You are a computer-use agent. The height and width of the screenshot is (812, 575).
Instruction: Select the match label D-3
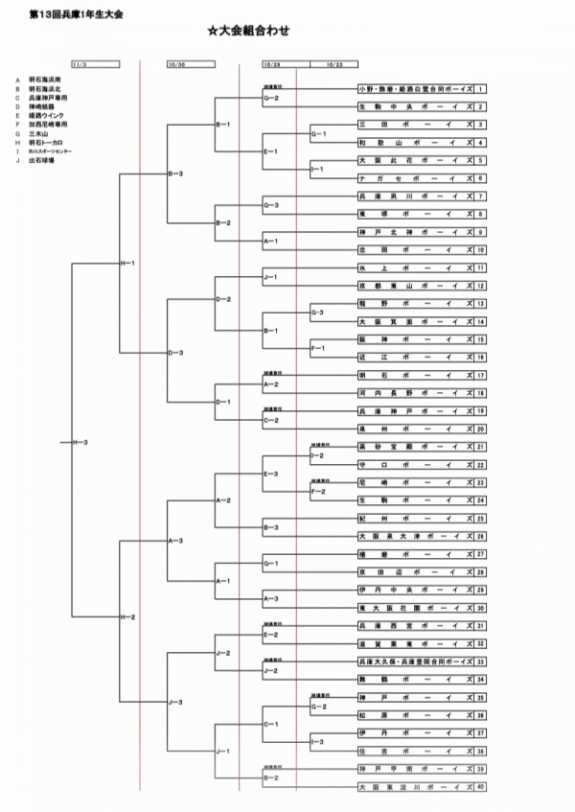point(175,353)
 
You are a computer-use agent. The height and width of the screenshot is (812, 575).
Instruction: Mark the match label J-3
point(175,703)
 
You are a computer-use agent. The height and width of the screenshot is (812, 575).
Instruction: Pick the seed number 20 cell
point(480,429)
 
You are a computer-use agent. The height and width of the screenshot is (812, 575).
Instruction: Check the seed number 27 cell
point(480,554)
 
